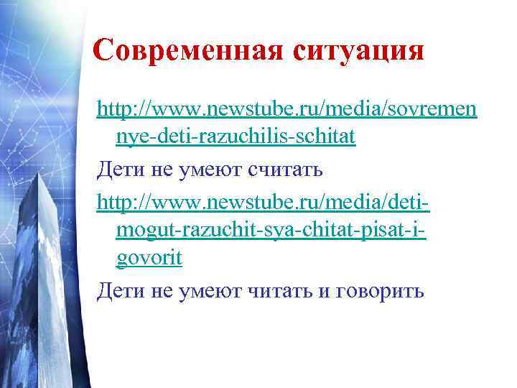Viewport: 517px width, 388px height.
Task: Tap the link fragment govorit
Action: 149,258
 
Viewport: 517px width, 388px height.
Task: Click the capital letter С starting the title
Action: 105,50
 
